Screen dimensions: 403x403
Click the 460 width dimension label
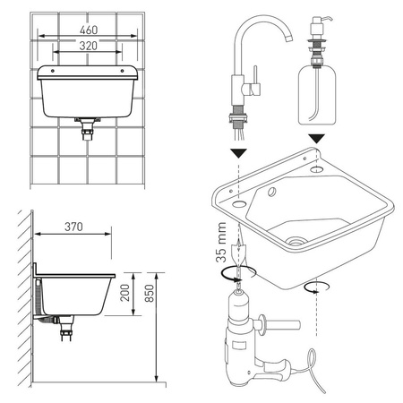tap(89, 30)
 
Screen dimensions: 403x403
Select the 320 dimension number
tap(89, 46)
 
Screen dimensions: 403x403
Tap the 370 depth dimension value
tap(73, 227)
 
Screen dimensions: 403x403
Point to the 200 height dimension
tap(125, 293)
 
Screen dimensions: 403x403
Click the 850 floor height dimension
tap(150, 293)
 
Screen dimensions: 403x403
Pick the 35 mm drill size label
tap(221, 242)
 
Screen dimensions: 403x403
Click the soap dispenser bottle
tap(317, 96)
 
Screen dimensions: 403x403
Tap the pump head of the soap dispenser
tap(320, 25)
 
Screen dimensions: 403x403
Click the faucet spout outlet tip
tap(288, 39)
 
